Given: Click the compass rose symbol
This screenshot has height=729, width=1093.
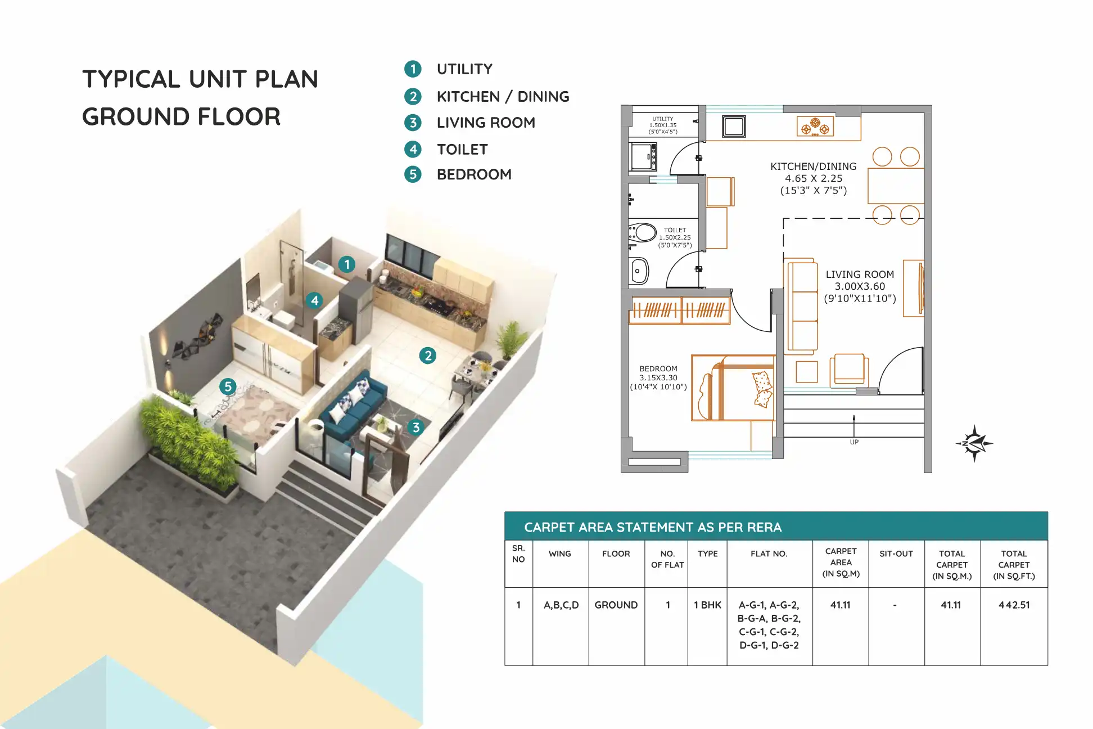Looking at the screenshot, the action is (x=974, y=443).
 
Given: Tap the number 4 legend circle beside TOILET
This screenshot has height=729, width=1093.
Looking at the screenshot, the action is (x=413, y=149).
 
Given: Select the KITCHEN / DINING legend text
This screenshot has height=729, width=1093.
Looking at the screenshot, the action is (x=503, y=97).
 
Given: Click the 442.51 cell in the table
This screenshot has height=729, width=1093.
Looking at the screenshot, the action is (x=1014, y=605).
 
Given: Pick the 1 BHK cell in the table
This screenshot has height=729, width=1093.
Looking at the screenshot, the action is (x=707, y=605).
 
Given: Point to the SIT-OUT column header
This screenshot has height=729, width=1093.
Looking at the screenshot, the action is (x=896, y=554).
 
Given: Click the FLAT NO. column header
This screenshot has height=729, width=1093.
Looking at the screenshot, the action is (x=769, y=554).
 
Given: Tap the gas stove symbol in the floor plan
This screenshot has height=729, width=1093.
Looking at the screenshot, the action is (x=815, y=127).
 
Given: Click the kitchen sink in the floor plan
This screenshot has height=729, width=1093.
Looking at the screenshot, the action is (x=734, y=127).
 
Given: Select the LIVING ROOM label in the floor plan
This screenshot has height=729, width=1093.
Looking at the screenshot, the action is (x=860, y=274).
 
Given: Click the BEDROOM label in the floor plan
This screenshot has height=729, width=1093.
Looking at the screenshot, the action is (x=658, y=369).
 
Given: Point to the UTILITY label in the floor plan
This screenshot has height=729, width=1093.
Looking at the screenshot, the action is (x=663, y=119).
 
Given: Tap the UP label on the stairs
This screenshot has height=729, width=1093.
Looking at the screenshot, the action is (x=854, y=442).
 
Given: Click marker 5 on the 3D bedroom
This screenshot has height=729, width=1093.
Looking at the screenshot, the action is (x=228, y=386).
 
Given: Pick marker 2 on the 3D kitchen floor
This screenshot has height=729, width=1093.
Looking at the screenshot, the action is (x=428, y=355).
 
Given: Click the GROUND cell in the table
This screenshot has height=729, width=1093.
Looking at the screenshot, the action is (x=616, y=605).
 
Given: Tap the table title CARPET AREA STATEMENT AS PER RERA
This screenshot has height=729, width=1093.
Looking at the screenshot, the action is (x=653, y=528).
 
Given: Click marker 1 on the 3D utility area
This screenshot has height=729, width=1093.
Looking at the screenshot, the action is (x=347, y=264).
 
